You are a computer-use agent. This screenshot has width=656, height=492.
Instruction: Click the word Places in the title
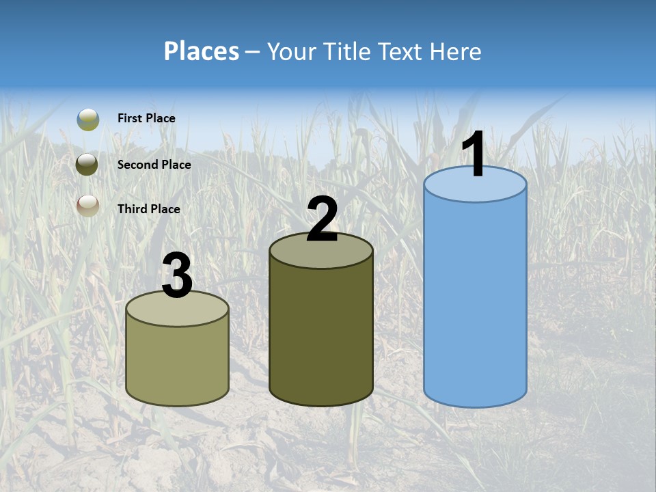(202, 51)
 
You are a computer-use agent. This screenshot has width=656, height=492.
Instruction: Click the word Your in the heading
(291, 51)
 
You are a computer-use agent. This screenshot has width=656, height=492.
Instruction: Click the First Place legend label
(146, 118)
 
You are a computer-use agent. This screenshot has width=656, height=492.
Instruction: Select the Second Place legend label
(154, 164)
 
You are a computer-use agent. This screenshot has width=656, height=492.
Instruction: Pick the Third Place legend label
(148, 209)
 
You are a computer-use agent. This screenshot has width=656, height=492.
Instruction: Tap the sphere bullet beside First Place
(88, 119)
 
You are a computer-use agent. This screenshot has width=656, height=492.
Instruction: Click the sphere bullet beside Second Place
(88, 164)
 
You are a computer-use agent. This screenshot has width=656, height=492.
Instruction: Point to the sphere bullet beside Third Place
(88, 204)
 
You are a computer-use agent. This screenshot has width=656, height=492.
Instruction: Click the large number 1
(474, 156)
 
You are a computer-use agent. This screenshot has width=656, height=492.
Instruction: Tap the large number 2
(322, 219)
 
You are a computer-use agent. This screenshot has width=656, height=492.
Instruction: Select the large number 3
(177, 277)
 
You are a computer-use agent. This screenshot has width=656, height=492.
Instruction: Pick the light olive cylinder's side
(177, 362)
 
